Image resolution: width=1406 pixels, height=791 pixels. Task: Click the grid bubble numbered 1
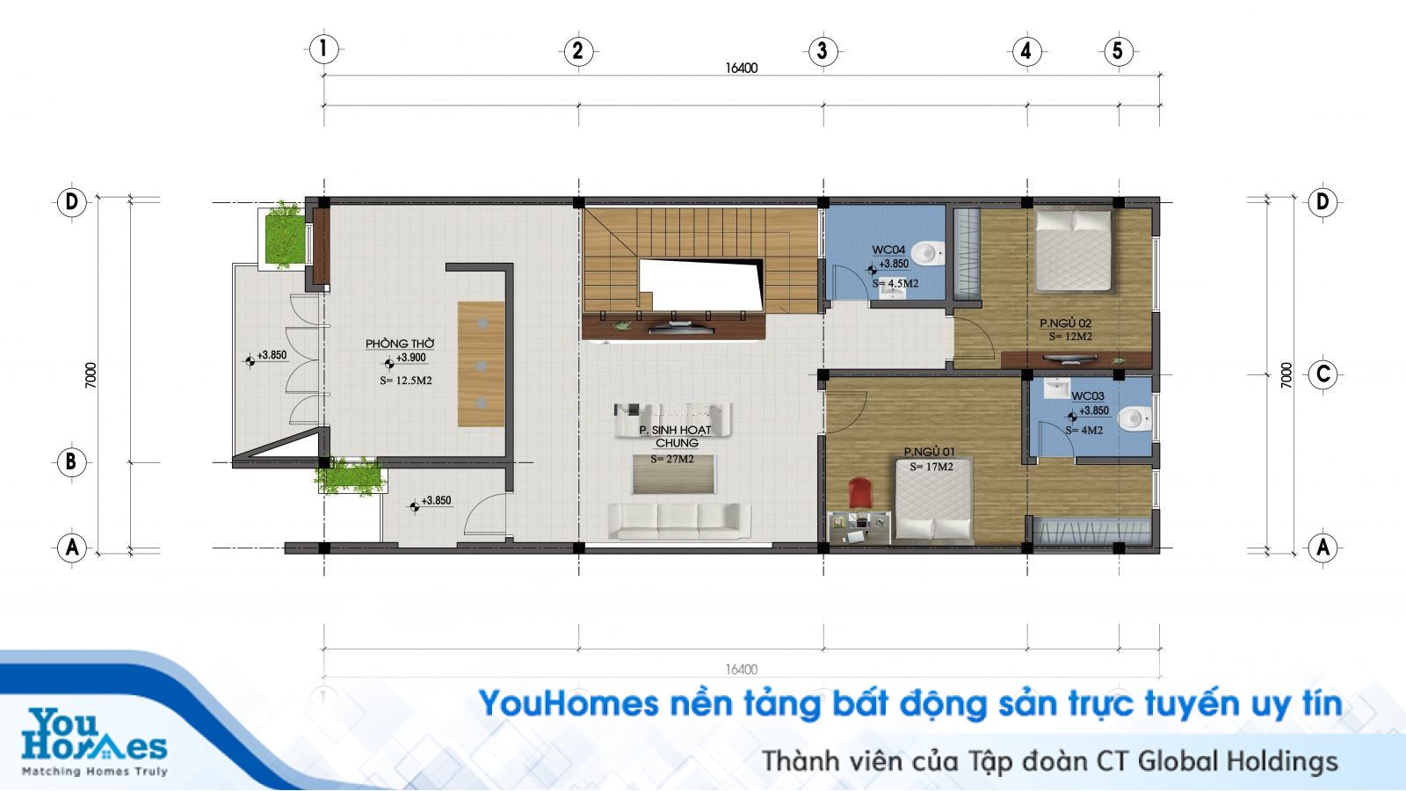coord(324,49)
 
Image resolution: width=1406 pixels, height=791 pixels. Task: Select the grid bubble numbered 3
coord(823,51)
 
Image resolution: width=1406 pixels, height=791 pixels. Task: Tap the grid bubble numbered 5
coord(1119,51)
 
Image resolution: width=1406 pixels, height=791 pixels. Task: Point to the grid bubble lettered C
coord(1323,374)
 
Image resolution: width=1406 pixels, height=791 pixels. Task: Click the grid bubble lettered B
coord(71,462)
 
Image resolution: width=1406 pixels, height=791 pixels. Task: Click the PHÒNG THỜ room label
coord(400,344)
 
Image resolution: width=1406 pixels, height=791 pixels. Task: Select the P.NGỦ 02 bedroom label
coord(1066,323)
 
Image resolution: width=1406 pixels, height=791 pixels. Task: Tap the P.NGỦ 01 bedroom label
coord(929,452)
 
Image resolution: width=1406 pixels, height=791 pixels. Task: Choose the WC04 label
coord(888,250)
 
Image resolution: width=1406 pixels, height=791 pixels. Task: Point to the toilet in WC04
coord(928,254)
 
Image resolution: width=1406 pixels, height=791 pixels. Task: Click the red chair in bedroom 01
coord(860,492)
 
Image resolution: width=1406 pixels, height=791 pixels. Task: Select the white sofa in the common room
coord(679,521)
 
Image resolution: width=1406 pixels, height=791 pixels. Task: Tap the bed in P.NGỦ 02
coord(1073,250)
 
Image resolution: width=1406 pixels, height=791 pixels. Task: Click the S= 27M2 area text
coord(671,459)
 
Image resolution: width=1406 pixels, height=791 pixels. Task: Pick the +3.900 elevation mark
coord(410,358)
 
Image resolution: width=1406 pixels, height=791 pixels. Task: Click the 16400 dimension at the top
coord(742,68)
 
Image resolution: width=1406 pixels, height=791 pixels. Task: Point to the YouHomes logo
coord(94,742)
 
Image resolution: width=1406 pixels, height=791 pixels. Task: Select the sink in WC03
coord(1056,388)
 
